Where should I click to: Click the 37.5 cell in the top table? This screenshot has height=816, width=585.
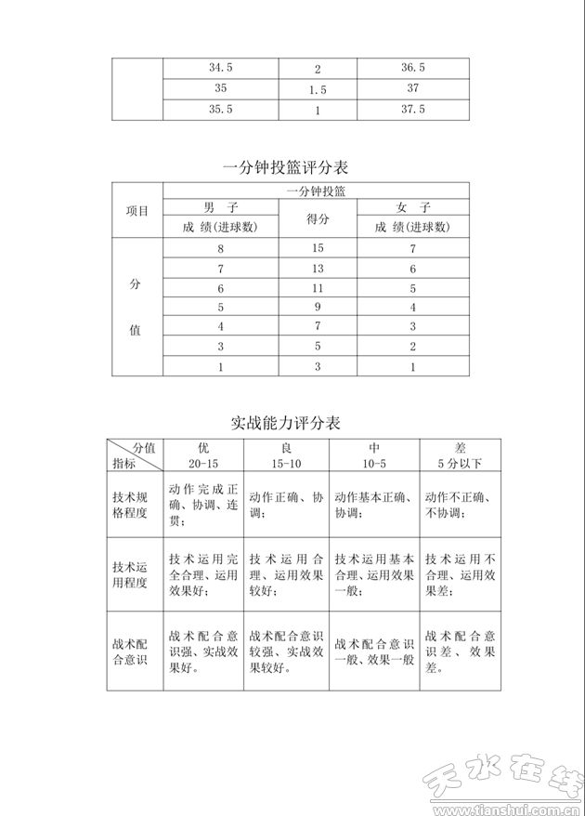pyautogui.click(x=413, y=109)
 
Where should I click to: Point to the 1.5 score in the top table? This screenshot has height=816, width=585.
pyautogui.click(x=317, y=90)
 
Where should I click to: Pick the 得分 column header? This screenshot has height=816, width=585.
pyautogui.click(x=317, y=218)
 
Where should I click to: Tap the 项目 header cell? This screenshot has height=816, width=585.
pyautogui.click(x=137, y=210)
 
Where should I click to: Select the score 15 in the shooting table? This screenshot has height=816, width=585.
pyautogui.click(x=317, y=248)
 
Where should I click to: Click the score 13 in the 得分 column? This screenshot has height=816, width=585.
pyautogui.click(x=317, y=269)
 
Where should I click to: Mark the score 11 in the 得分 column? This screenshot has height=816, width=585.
pyautogui.click(x=317, y=288)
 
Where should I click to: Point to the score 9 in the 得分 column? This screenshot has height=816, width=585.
pyautogui.click(x=317, y=307)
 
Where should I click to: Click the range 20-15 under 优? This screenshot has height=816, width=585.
pyautogui.click(x=203, y=463)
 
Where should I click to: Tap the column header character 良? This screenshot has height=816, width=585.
pyautogui.click(x=285, y=447)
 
